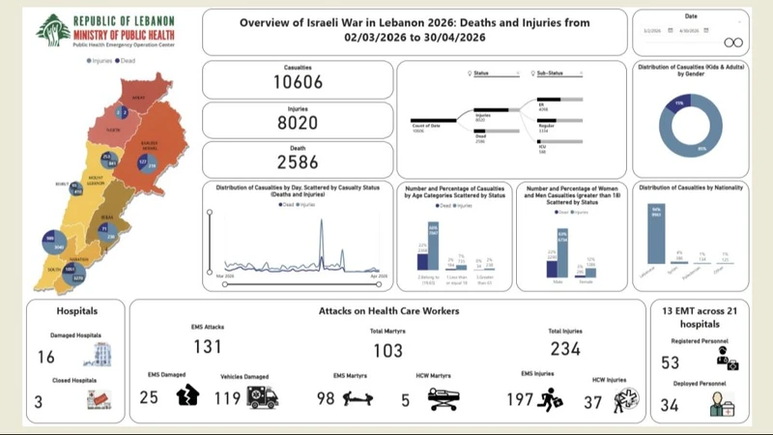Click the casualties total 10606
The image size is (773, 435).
(x=299, y=82)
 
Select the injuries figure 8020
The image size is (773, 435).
(x=299, y=123)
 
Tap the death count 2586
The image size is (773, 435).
(x=299, y=162)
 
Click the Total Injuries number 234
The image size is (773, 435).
(x=565, y=348)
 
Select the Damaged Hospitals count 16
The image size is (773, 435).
(x=45, y=358)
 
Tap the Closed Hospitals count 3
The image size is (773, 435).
(x=38, y=400)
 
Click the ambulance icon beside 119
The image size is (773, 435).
(x=263, y=396)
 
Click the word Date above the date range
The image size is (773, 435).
(x=690, y=15)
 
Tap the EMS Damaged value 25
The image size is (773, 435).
(x=149, y=396)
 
